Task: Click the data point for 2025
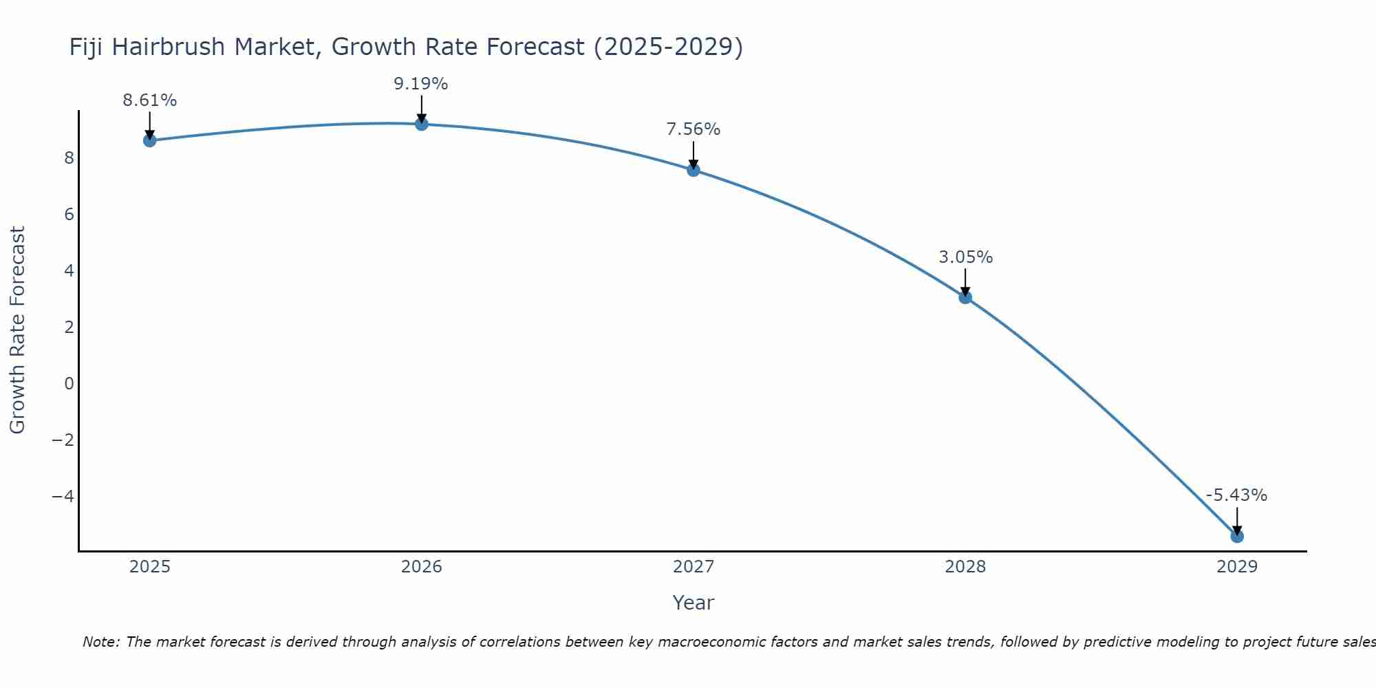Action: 150,140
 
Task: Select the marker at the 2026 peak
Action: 422,124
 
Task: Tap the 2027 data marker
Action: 694,170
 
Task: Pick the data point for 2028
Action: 965,297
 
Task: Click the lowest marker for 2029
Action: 1237,536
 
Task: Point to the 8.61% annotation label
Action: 150,100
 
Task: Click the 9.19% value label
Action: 421,84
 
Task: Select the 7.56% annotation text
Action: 694,129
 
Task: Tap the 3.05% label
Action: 966,257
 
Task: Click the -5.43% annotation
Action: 1236,495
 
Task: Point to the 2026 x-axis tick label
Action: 422,567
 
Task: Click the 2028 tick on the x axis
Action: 965,567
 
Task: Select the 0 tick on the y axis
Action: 69,383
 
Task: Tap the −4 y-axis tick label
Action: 63,496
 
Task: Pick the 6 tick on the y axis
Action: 69,215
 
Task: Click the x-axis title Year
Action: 694,603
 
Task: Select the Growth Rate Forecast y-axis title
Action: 18,330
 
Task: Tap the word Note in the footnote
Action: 100,642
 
